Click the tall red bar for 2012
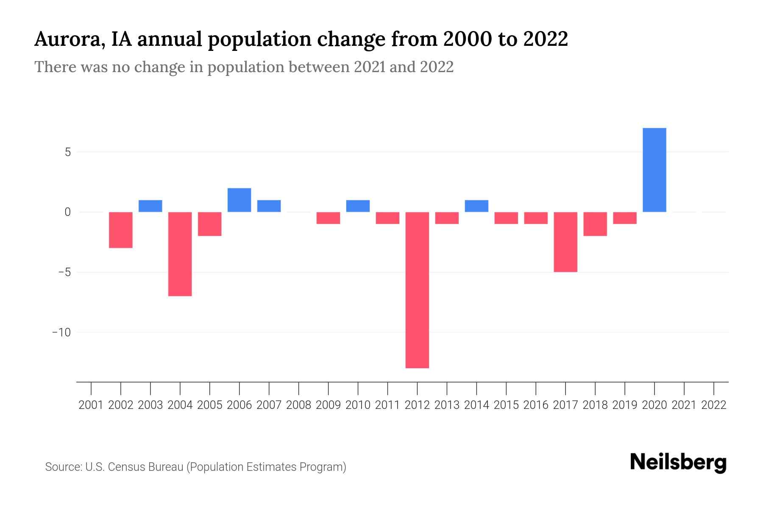(417, 290)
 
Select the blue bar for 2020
(654, 170)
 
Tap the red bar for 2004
(180, 254)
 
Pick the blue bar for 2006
(239, 200)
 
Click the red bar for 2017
(565, 242)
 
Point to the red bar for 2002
(121, 229)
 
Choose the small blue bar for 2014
(476, 206)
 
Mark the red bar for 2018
(595, 224)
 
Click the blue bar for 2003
(150, 206)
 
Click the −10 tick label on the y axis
(61, 332)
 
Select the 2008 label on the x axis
(299, 405)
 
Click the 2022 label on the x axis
(714, 405)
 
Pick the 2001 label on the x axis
(91, 405)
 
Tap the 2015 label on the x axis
(506, 405)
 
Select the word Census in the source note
(125, 467)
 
